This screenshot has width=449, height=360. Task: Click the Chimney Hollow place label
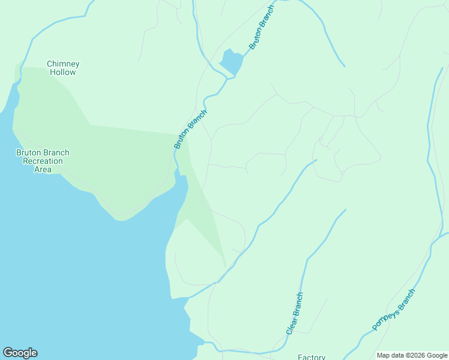coord(63,68)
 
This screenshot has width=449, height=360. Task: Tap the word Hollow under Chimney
coord(63,73)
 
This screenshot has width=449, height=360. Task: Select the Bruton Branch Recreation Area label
coord(43,161)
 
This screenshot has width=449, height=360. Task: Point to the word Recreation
coord(43,161)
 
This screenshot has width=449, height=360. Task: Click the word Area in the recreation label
coord(43,170)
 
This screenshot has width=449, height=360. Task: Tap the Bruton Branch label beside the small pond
coord(261,29)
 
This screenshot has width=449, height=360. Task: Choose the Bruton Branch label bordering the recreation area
coord(190,129)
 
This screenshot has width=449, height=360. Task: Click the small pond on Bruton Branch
coord(232,61)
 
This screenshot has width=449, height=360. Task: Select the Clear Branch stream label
coord(294,313)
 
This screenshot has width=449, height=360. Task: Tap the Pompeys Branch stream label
coord(393,310)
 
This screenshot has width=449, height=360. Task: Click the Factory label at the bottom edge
coord(312,357)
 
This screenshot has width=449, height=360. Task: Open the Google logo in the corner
coord(20,353)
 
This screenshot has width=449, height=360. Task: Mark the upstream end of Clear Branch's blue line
coord(346,209)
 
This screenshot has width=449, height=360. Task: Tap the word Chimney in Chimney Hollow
coord(63,64)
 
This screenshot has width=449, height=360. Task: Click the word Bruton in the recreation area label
coord(29,153)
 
